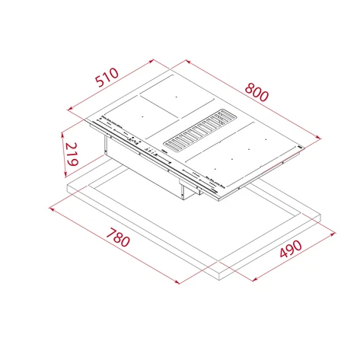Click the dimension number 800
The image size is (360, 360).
point(257,94)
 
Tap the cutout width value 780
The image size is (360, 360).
point(117,242)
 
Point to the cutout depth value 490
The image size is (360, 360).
point(289,250)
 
